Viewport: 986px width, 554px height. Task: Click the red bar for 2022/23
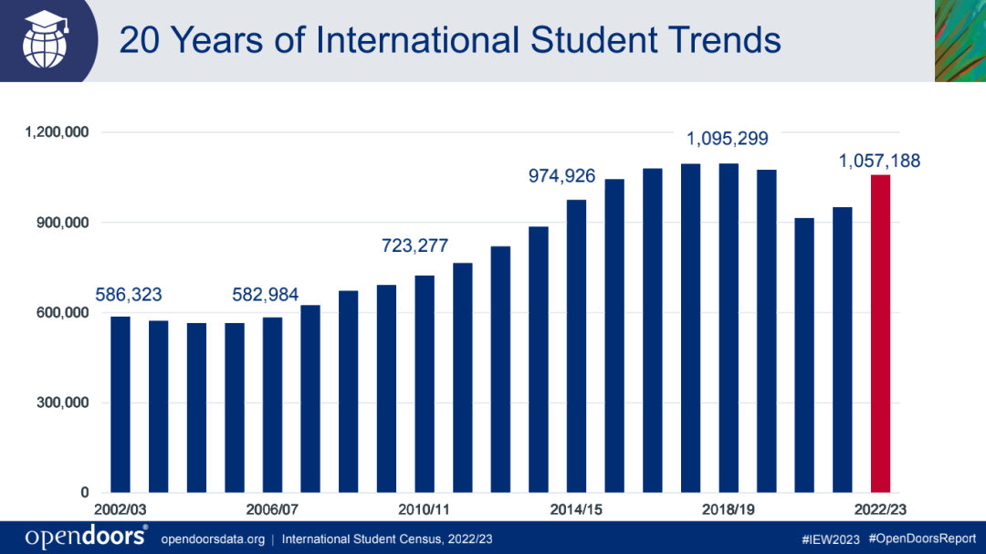point(880,333)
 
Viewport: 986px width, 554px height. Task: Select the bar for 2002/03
point(121,404)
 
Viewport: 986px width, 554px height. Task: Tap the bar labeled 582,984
point(272,404)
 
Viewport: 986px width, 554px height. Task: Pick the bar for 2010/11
point(425,383)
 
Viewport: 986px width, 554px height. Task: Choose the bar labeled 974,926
point(577,346)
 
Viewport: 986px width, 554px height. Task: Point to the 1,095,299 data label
point(728,140)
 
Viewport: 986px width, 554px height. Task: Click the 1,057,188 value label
point(880,162)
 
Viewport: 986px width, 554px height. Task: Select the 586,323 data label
point(129,295)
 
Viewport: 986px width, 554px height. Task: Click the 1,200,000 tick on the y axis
point(58,132)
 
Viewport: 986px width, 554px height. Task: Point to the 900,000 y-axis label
point(63,223)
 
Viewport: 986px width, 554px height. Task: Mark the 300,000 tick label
point(63,402)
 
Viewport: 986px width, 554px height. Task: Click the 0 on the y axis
point(85,493)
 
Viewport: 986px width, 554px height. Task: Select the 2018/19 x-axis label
point(729,509)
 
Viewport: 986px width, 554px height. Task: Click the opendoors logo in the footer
point(86,537)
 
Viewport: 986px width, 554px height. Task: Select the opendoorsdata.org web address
point(213,538)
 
